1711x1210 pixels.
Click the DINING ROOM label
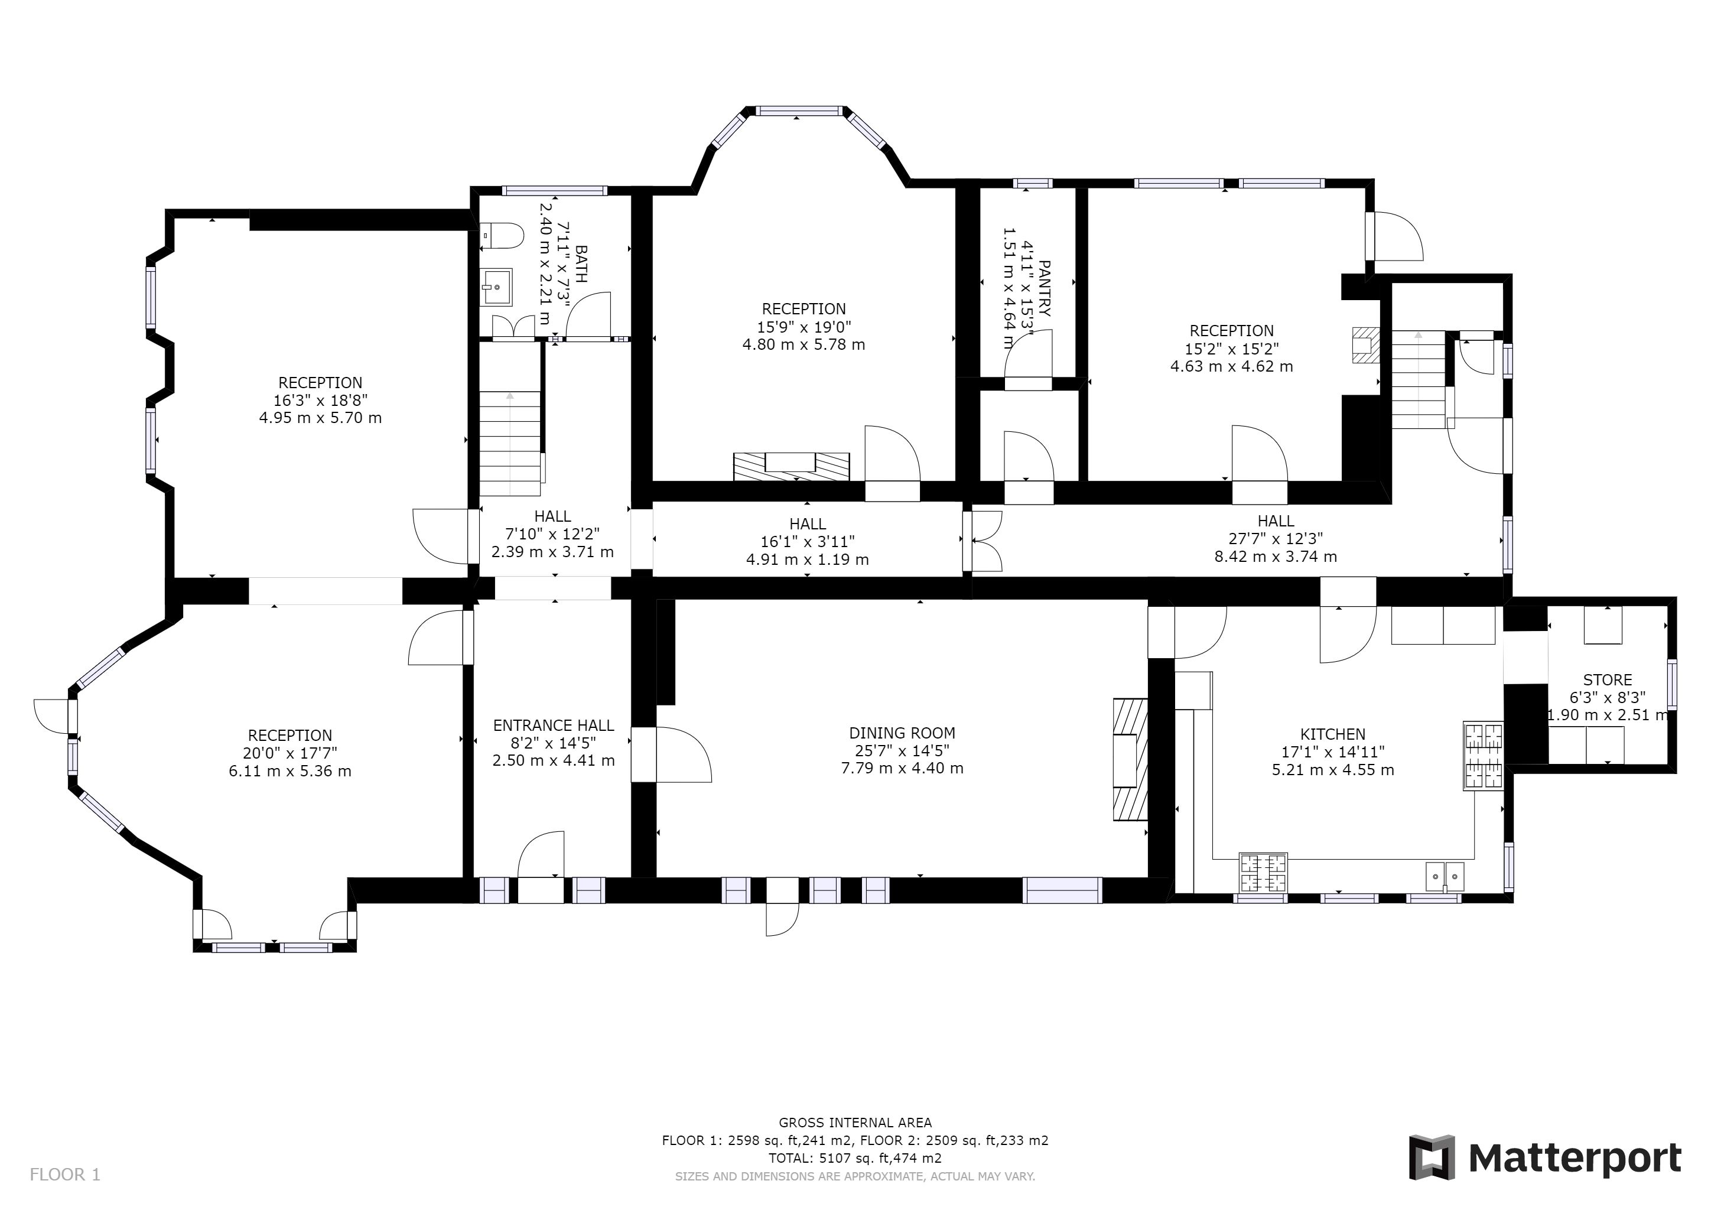pos(902,733)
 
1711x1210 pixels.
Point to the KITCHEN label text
pos(1332,734)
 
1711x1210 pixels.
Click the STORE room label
pos(1608,680)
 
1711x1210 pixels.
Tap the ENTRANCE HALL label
pos(553,726)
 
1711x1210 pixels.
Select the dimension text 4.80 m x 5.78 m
pos(804,345)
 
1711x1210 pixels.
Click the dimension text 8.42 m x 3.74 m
pos(1275,557)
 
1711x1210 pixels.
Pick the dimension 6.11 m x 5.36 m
pos(290,771)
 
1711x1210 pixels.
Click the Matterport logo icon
pos(1432,1157)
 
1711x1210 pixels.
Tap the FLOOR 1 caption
pos(65,1175)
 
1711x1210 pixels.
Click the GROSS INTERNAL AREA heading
pos(855,1123)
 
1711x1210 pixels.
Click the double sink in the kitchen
pos(1445,876)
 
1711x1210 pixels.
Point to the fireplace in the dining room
pos(1130,759)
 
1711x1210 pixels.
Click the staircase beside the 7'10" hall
pos(510,443)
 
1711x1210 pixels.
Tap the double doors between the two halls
pos(983,540)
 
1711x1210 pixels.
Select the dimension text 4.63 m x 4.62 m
pos(1231,366)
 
